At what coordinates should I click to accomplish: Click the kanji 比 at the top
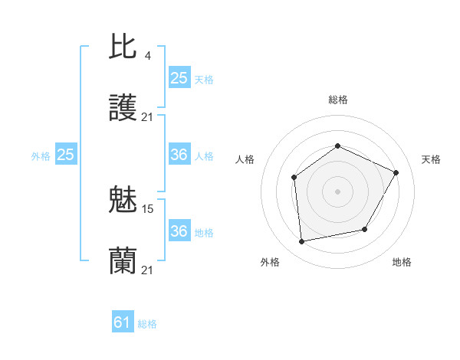click(123, 47)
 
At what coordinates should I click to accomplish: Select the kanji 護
click(123, 109)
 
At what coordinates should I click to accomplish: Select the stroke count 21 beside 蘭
click(148, 270)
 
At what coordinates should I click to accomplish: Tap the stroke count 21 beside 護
click(148, 116)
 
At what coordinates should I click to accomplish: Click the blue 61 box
click(123, 322)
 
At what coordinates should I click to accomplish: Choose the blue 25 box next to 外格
click(65, 155)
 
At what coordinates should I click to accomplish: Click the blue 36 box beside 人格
click(179, 155)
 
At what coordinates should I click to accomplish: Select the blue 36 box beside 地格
click(179, 231)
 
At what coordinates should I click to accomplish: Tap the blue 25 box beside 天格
click(179, 78)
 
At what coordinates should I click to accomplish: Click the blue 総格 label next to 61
click(148, 324)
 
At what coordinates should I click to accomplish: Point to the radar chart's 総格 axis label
click(337, 100)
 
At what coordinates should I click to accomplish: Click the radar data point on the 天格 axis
click(396, 172)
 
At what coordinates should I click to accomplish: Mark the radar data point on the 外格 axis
click(302, 242)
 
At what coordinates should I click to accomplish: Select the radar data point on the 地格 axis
click(365, 229)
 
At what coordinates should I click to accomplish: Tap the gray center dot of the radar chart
click(337, 191)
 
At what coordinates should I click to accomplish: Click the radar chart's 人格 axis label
click(245, 159)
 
